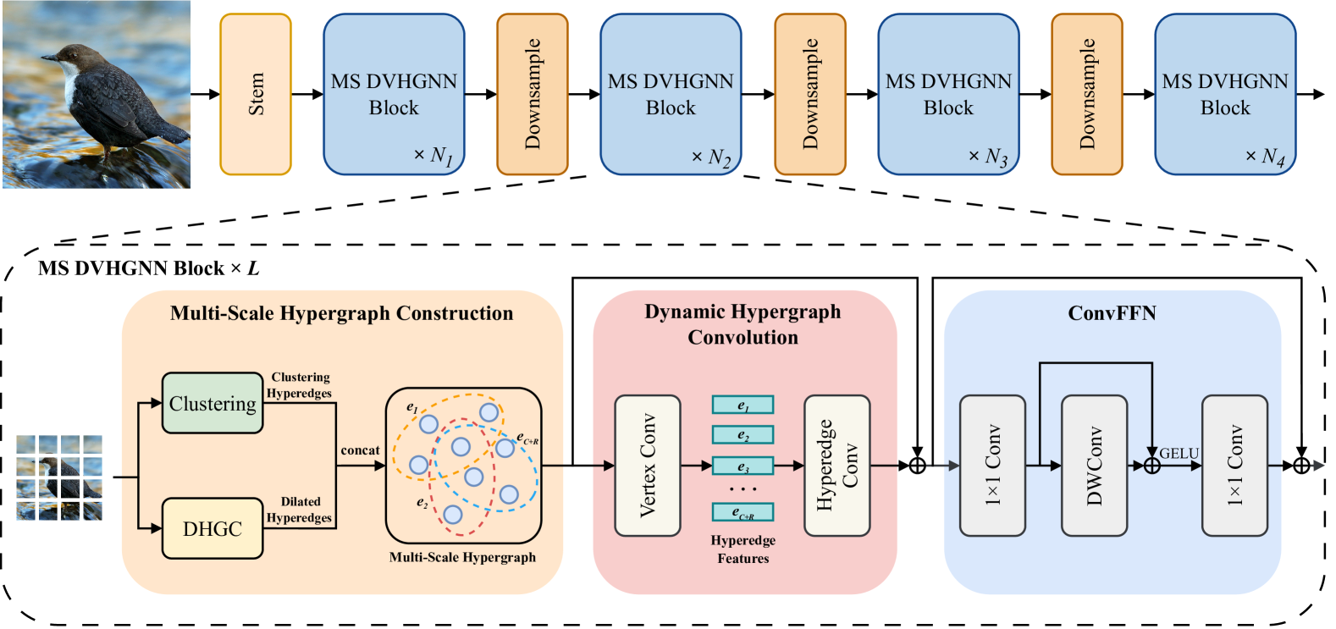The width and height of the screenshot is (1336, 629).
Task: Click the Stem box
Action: (x=256, y=94)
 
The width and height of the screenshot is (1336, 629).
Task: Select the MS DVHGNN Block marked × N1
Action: (x=394, y=94)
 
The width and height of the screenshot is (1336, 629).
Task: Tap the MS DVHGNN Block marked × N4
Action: (x=1225, y=94)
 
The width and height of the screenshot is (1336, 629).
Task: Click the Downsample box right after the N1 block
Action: (x=533, y=94)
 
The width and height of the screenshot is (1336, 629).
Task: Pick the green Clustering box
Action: (x=213, y=404)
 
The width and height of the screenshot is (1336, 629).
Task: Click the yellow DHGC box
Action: (x=213, y=529)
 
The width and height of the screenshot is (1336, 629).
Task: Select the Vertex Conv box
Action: (x=648, y=466)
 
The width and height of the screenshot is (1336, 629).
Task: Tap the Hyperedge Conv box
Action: (x=836, y=466)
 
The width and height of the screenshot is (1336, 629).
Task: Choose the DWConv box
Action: (x=1094, y=466)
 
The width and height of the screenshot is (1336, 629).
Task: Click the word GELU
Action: (x=1179, y=454)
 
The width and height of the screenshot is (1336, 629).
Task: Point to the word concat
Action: (x=360, y=450)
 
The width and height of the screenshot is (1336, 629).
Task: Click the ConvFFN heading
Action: (x=1112, y=313)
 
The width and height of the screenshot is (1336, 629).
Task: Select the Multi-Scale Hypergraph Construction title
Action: (x=341, y=313)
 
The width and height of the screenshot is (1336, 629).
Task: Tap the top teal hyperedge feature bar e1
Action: (x=743, y=406)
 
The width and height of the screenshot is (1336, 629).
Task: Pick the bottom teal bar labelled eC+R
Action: (x=743, y=512)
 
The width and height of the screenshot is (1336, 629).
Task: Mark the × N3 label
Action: (x=988, y=157)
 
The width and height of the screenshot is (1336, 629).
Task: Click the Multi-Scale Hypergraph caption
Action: (x=462, y=557)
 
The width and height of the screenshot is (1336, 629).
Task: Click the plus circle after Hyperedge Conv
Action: (x=917, y=466)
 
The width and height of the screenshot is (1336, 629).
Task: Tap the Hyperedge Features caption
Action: (x=743, y=549)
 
